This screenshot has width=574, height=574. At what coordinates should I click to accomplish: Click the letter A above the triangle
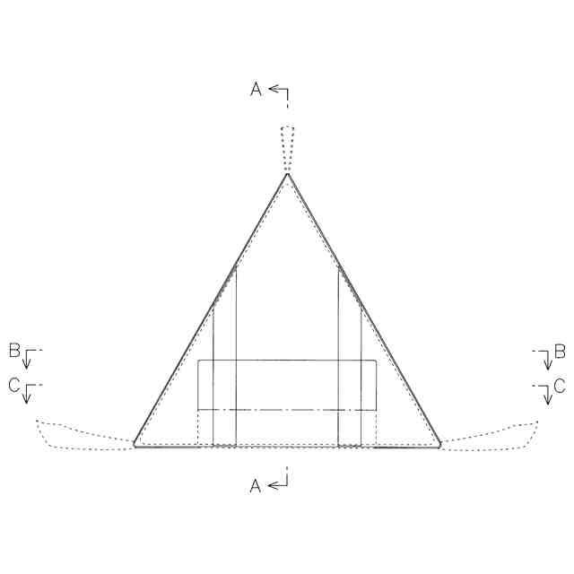[x=257, y=89]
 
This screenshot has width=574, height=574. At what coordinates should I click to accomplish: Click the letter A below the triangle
[x=256, y=486]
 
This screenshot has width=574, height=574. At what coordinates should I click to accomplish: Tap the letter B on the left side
[x=14, y=351]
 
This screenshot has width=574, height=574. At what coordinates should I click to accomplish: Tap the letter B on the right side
[x=560, y=352]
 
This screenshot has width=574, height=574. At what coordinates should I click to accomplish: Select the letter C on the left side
[x=14, y=385]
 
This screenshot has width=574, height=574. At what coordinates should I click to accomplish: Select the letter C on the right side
[x=560, y=386]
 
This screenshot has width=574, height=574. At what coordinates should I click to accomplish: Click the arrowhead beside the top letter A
[x=274, y=89]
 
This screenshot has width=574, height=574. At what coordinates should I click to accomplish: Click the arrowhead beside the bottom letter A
[x=273, y=486]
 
